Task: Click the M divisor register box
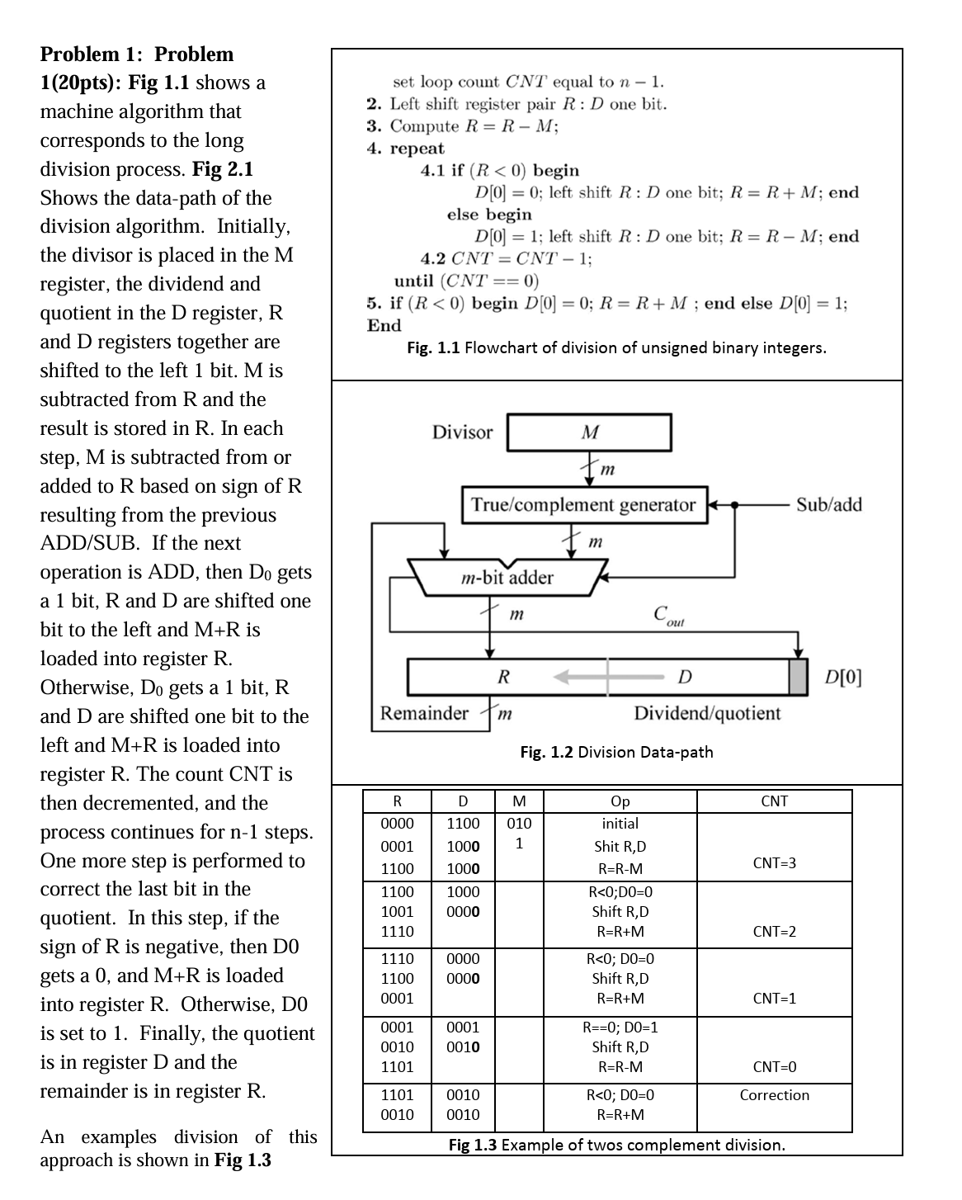click(x=589, y=432)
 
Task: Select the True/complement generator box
click(x=584, y=505)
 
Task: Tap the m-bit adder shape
click(x=507, y=577)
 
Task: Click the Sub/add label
click(x=828, y=505)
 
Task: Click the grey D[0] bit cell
click(x=798, y=677)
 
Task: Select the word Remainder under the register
click(x=424, y=713)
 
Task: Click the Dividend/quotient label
click(x=707, y=713)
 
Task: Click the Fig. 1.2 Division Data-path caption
click(x=616, y=752)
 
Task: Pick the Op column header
click(x=620, y=801)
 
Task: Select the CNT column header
click(x=774, y=801)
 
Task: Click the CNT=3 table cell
click(x=774, y=863)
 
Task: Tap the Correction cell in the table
click(x=774, y=1095)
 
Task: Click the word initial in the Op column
click(x=620, y=824)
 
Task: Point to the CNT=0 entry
click(x=774, y=1067)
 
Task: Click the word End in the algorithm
click(x=384, y=325)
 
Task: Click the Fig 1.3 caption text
click(x=616, y=1145)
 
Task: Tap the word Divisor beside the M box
click(x=462, y=432)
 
